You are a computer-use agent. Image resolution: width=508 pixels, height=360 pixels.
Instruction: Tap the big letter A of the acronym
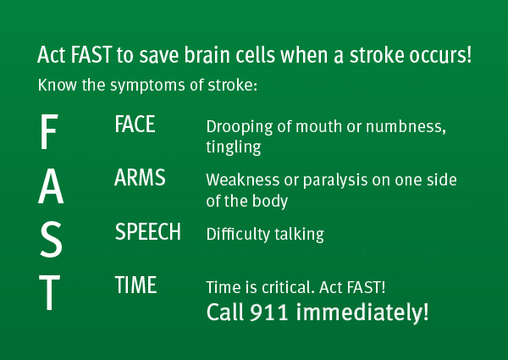coord(51,186)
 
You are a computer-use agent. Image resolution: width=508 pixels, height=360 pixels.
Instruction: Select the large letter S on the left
coord(51,240)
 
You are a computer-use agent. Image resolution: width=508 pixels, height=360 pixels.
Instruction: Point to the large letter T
coord(50,292)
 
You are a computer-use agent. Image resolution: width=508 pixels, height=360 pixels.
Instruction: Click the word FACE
coord(135,125)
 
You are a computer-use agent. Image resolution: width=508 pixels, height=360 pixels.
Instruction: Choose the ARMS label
coord(140,177)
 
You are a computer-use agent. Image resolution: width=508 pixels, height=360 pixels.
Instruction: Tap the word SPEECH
coord(147,232)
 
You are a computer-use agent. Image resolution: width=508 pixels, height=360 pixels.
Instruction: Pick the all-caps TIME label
coord(135,285)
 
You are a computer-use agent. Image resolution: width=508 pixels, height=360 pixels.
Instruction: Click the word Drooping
coord(240,127)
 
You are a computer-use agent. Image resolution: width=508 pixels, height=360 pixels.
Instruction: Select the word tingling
coord(234,147)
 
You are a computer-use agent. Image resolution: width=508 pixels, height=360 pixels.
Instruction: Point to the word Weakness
coord(243,180)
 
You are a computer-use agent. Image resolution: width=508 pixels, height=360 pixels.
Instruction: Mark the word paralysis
coord(335,180)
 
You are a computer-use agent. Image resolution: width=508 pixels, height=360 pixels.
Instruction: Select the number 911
coord(269,312)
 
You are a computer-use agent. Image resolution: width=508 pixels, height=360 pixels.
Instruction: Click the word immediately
coord(362,312)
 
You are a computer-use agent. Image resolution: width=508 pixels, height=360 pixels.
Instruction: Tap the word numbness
coord(406,126)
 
